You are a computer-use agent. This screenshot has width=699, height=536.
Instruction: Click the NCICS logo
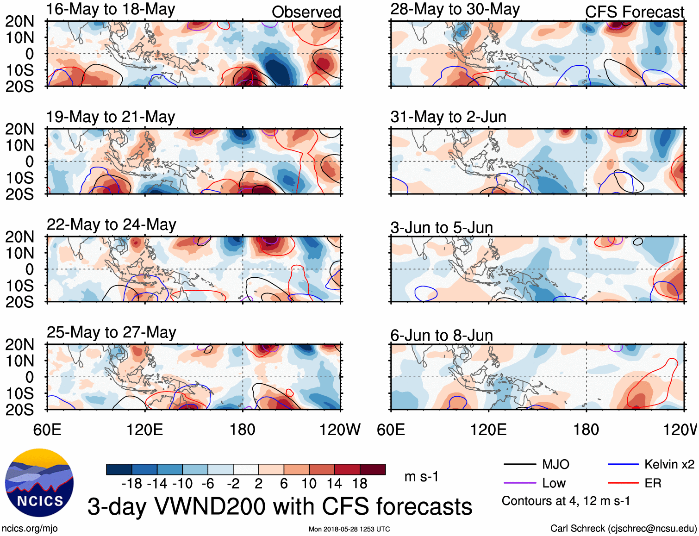pos(39,483)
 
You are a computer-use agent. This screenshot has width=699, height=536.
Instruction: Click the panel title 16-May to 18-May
pos(111,10)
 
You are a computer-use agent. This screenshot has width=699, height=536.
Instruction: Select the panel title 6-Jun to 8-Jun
pos(442,335)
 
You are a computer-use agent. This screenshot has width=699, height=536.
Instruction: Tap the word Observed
pos(306,12)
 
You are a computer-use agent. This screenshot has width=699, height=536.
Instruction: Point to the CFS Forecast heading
pos(634,12)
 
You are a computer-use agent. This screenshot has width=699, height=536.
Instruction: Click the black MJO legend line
pos(520,464)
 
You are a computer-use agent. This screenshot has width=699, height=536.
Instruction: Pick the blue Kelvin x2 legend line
pos(623,464)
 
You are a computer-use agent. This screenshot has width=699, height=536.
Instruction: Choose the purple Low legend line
pos(520,483)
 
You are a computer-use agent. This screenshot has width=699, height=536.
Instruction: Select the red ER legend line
pos(623,483)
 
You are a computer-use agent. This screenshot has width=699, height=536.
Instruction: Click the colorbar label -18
pos(132,484)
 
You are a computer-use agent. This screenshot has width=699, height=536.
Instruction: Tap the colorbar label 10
pos(309,484)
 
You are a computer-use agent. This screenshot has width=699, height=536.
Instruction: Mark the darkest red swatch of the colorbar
pos(373,469)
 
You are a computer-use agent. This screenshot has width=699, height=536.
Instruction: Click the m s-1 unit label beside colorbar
pos(421,477)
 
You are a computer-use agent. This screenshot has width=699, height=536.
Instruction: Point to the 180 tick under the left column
pos(243,430)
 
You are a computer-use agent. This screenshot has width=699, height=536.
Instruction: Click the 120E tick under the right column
pos(488,430)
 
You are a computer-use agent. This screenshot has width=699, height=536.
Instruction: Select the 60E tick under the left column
pos(47,430)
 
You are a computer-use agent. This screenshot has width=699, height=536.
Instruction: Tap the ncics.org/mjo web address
pos(30,528)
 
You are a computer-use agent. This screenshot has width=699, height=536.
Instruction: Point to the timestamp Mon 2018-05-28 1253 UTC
pos(349,529)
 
